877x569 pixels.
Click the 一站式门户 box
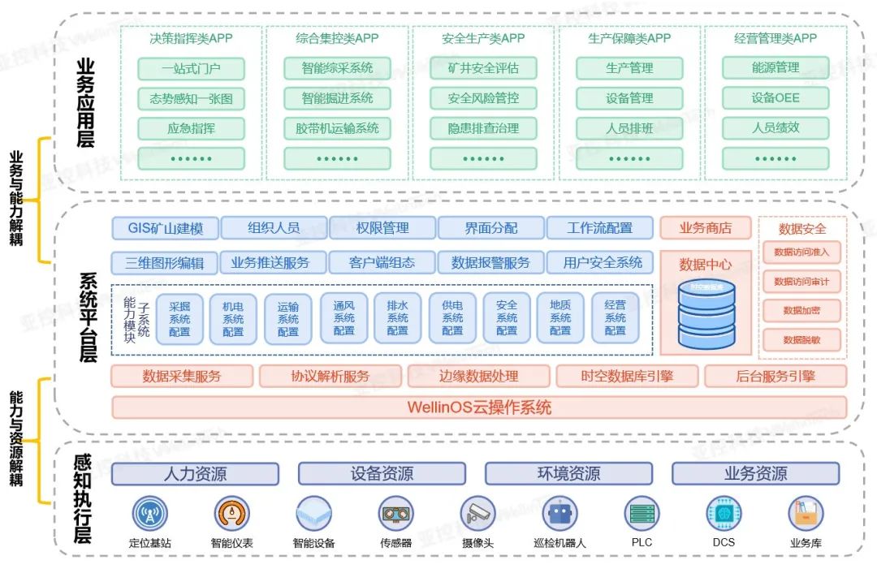(191, 68)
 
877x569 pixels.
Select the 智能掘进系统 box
(337, 98)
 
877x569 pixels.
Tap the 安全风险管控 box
(483, 98)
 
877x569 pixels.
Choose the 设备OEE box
(775, 98)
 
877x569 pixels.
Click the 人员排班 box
(629, 128)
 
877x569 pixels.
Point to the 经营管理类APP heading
(775, 38)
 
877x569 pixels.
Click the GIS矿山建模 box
(166, 228)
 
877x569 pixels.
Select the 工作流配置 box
(600, 228)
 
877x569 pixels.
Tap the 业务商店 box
(706, 228)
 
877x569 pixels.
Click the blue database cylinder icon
(706, 313)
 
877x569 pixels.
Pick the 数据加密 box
(801, 311)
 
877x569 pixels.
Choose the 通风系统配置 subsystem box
(344, 318)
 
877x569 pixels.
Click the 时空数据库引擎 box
(628, 376)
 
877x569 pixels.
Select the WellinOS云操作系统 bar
(479, 407)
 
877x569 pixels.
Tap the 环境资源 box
(569, 474)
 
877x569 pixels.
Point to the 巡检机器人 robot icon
(559, 514)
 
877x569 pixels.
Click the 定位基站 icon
(149, 514)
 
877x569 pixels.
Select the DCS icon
(724, 514)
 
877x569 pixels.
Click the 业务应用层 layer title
(84, 101)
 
